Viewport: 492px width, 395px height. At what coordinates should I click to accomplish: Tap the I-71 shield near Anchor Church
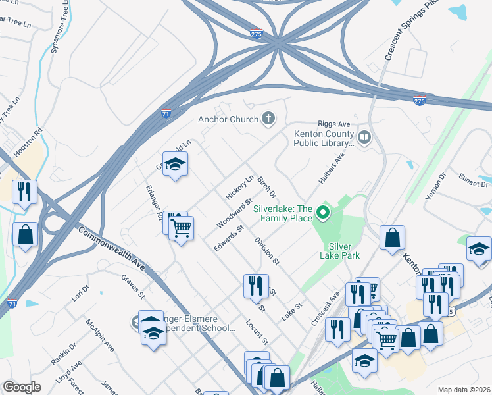coord(166,113)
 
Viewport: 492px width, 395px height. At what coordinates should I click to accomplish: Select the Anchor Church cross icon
coord(268,118)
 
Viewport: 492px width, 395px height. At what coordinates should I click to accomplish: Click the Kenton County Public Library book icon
coord(364,137)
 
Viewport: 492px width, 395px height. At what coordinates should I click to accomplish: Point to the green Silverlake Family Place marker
coord(322,212)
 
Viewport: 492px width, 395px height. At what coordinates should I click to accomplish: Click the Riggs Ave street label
coord(335,124)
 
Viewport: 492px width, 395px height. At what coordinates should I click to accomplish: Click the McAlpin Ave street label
coord(100,336)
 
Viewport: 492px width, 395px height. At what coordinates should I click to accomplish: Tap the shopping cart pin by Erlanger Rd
coord(181,228)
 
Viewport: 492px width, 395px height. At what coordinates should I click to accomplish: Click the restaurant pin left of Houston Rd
coord(24,192)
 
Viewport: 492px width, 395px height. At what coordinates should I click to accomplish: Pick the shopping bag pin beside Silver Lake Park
coord(392,238)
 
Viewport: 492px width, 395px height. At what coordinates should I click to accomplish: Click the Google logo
coord(22,387)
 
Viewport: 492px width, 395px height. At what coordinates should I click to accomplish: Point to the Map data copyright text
coord(464,390)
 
